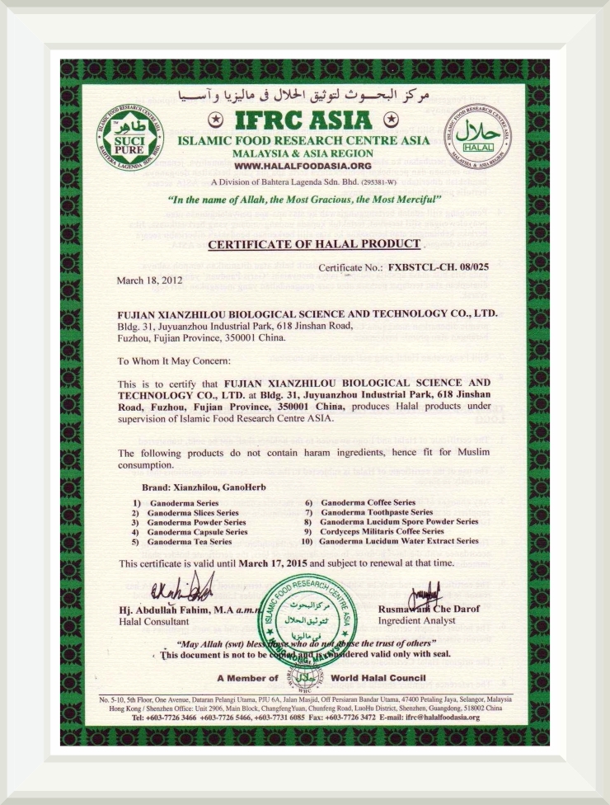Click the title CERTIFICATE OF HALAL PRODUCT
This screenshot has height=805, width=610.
tap(314, 245)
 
